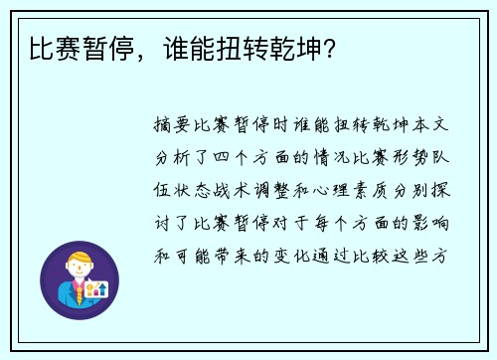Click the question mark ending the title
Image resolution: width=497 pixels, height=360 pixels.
[328, 46]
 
